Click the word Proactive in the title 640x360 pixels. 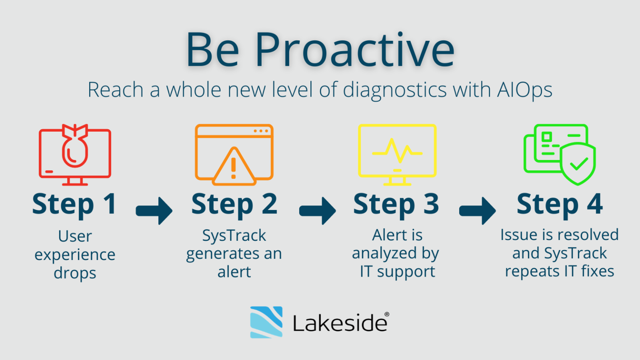(x=354, y=50)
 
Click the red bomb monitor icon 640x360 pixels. (x=75, y=155)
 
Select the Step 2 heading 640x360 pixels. (x=234, y=204)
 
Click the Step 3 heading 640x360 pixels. (x=396, y=204)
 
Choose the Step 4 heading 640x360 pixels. (x=560, y=204)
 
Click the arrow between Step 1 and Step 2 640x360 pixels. (x=154, y=211)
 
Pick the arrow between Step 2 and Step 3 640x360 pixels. (x=317, y=211)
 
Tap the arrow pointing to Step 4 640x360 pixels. (x=477, y=211)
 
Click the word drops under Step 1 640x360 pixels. (x=75, y=273)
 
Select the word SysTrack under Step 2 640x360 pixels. (x=234, y=236)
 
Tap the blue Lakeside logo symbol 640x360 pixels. (x=266, y=322)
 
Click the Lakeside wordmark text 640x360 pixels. (x=340, y=323)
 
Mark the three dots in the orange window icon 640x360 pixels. (x=261, y=131)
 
